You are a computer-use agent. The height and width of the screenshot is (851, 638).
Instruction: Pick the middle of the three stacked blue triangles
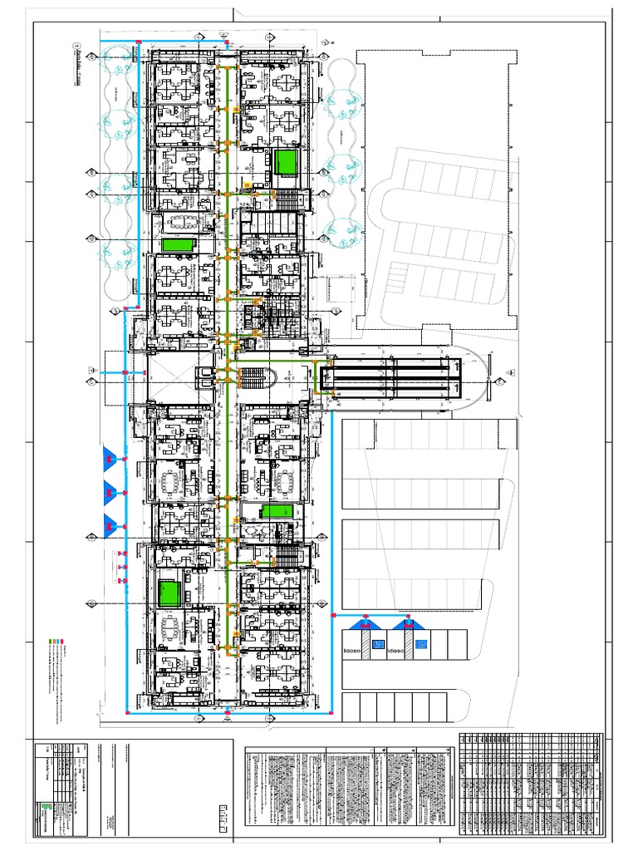click(108, 491)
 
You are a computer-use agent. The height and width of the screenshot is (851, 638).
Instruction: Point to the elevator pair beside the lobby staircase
click(204, 377)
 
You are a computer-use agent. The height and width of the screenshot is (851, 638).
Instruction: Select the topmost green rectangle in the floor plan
click(287, 161)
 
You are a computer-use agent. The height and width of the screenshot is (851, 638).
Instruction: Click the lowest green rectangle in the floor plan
click(169, 593)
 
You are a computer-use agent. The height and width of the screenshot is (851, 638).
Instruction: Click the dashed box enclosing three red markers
click(120, 566)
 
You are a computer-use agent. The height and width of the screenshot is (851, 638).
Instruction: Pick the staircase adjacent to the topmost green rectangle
click(286, 199)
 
